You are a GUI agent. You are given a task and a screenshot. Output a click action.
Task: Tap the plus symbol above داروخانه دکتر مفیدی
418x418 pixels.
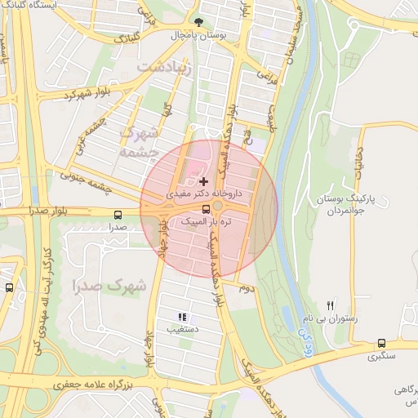(202, 180)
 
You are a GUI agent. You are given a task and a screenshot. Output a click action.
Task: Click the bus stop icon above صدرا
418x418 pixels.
(118, 215)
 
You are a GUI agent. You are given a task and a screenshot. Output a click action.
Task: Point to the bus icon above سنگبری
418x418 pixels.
(382, 343)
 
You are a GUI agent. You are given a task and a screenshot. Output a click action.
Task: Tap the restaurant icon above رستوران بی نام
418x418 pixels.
(331, 304)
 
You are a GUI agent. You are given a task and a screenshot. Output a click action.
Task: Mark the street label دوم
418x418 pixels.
(247, 288)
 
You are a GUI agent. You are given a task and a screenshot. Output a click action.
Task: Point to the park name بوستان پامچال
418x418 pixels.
(198, 36)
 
